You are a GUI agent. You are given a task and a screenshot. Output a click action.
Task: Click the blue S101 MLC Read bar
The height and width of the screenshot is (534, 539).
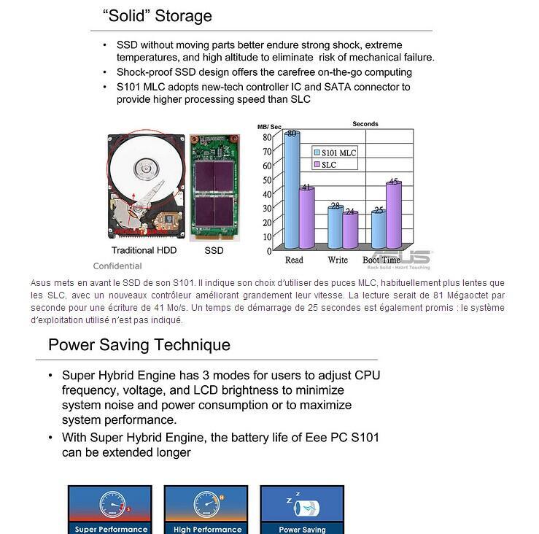coord(292,190)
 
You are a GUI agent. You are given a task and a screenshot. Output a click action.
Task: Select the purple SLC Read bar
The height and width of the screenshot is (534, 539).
coord(306,217)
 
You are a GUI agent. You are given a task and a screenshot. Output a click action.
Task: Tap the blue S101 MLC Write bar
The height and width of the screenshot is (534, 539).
coord(336,228)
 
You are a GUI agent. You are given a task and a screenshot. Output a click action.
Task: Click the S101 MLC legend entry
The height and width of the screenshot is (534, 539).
coord(335,153)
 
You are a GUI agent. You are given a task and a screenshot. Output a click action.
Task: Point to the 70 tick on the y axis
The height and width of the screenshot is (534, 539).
coord(267,151)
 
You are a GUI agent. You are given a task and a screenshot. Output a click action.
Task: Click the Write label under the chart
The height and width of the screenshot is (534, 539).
coord(338,260)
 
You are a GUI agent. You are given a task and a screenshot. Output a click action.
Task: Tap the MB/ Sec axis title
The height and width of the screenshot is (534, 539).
coord(269,127)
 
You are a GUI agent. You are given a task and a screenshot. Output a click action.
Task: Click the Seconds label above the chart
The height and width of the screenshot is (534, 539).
coord(365,124)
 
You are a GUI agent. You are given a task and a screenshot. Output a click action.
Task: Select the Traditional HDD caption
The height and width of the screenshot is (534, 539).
coord(144,250)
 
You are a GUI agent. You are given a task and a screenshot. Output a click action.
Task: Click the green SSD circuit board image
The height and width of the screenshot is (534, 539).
coord(214,187)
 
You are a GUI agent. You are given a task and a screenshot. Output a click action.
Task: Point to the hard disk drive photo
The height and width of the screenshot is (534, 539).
coord(146,185)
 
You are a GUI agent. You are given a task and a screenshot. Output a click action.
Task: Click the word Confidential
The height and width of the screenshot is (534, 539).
coord(117,266)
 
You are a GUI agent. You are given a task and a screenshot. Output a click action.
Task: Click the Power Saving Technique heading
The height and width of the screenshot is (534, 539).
coord(139,345)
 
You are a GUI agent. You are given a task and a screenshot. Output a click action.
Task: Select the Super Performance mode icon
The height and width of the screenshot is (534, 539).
coord(110,509)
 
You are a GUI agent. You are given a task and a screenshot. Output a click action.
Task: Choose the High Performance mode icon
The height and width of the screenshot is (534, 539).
coord(206,509)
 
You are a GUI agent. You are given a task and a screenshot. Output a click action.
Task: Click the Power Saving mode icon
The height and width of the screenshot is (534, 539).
coord(302,509)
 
